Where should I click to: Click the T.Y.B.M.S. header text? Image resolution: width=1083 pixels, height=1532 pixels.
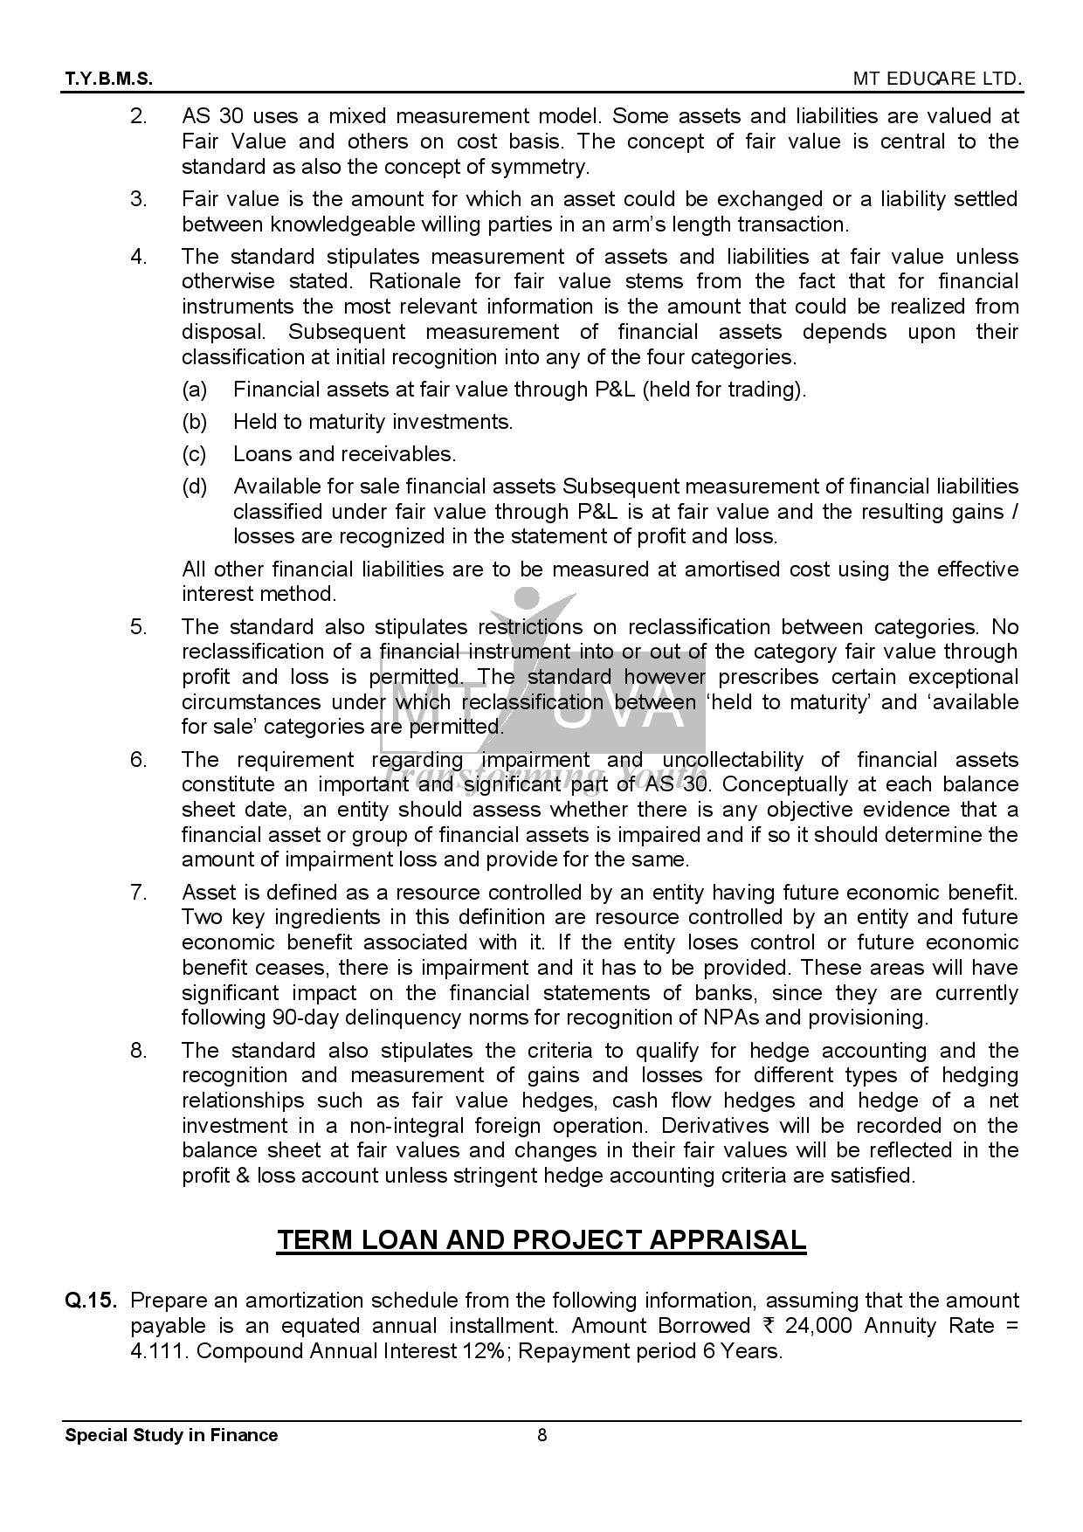pos(108,79)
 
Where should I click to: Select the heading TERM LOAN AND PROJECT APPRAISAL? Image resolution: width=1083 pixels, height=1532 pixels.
pos(541,1239)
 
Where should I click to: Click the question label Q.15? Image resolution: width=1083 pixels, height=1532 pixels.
pos(90,1301)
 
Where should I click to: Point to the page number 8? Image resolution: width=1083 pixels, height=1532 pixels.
pos(541,1435)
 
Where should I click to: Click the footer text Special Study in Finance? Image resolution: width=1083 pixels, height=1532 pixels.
pos(171,1435)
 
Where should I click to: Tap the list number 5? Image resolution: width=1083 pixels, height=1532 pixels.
pos(139,627)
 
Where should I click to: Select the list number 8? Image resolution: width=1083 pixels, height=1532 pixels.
pos(139,1051)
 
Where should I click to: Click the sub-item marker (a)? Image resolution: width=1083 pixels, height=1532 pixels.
pos(194,390)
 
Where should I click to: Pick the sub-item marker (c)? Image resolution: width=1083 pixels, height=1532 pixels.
pos(194,454)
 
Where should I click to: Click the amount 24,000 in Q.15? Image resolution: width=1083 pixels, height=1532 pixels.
pos(818,1326)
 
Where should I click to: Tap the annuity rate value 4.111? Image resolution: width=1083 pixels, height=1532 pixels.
pos(157,1351)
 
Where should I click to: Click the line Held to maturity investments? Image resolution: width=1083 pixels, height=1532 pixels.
pos(373,422)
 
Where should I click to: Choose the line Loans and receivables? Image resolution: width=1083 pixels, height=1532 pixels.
pos(344,454)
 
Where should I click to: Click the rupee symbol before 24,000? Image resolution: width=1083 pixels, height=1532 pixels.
pos(769,1326)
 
